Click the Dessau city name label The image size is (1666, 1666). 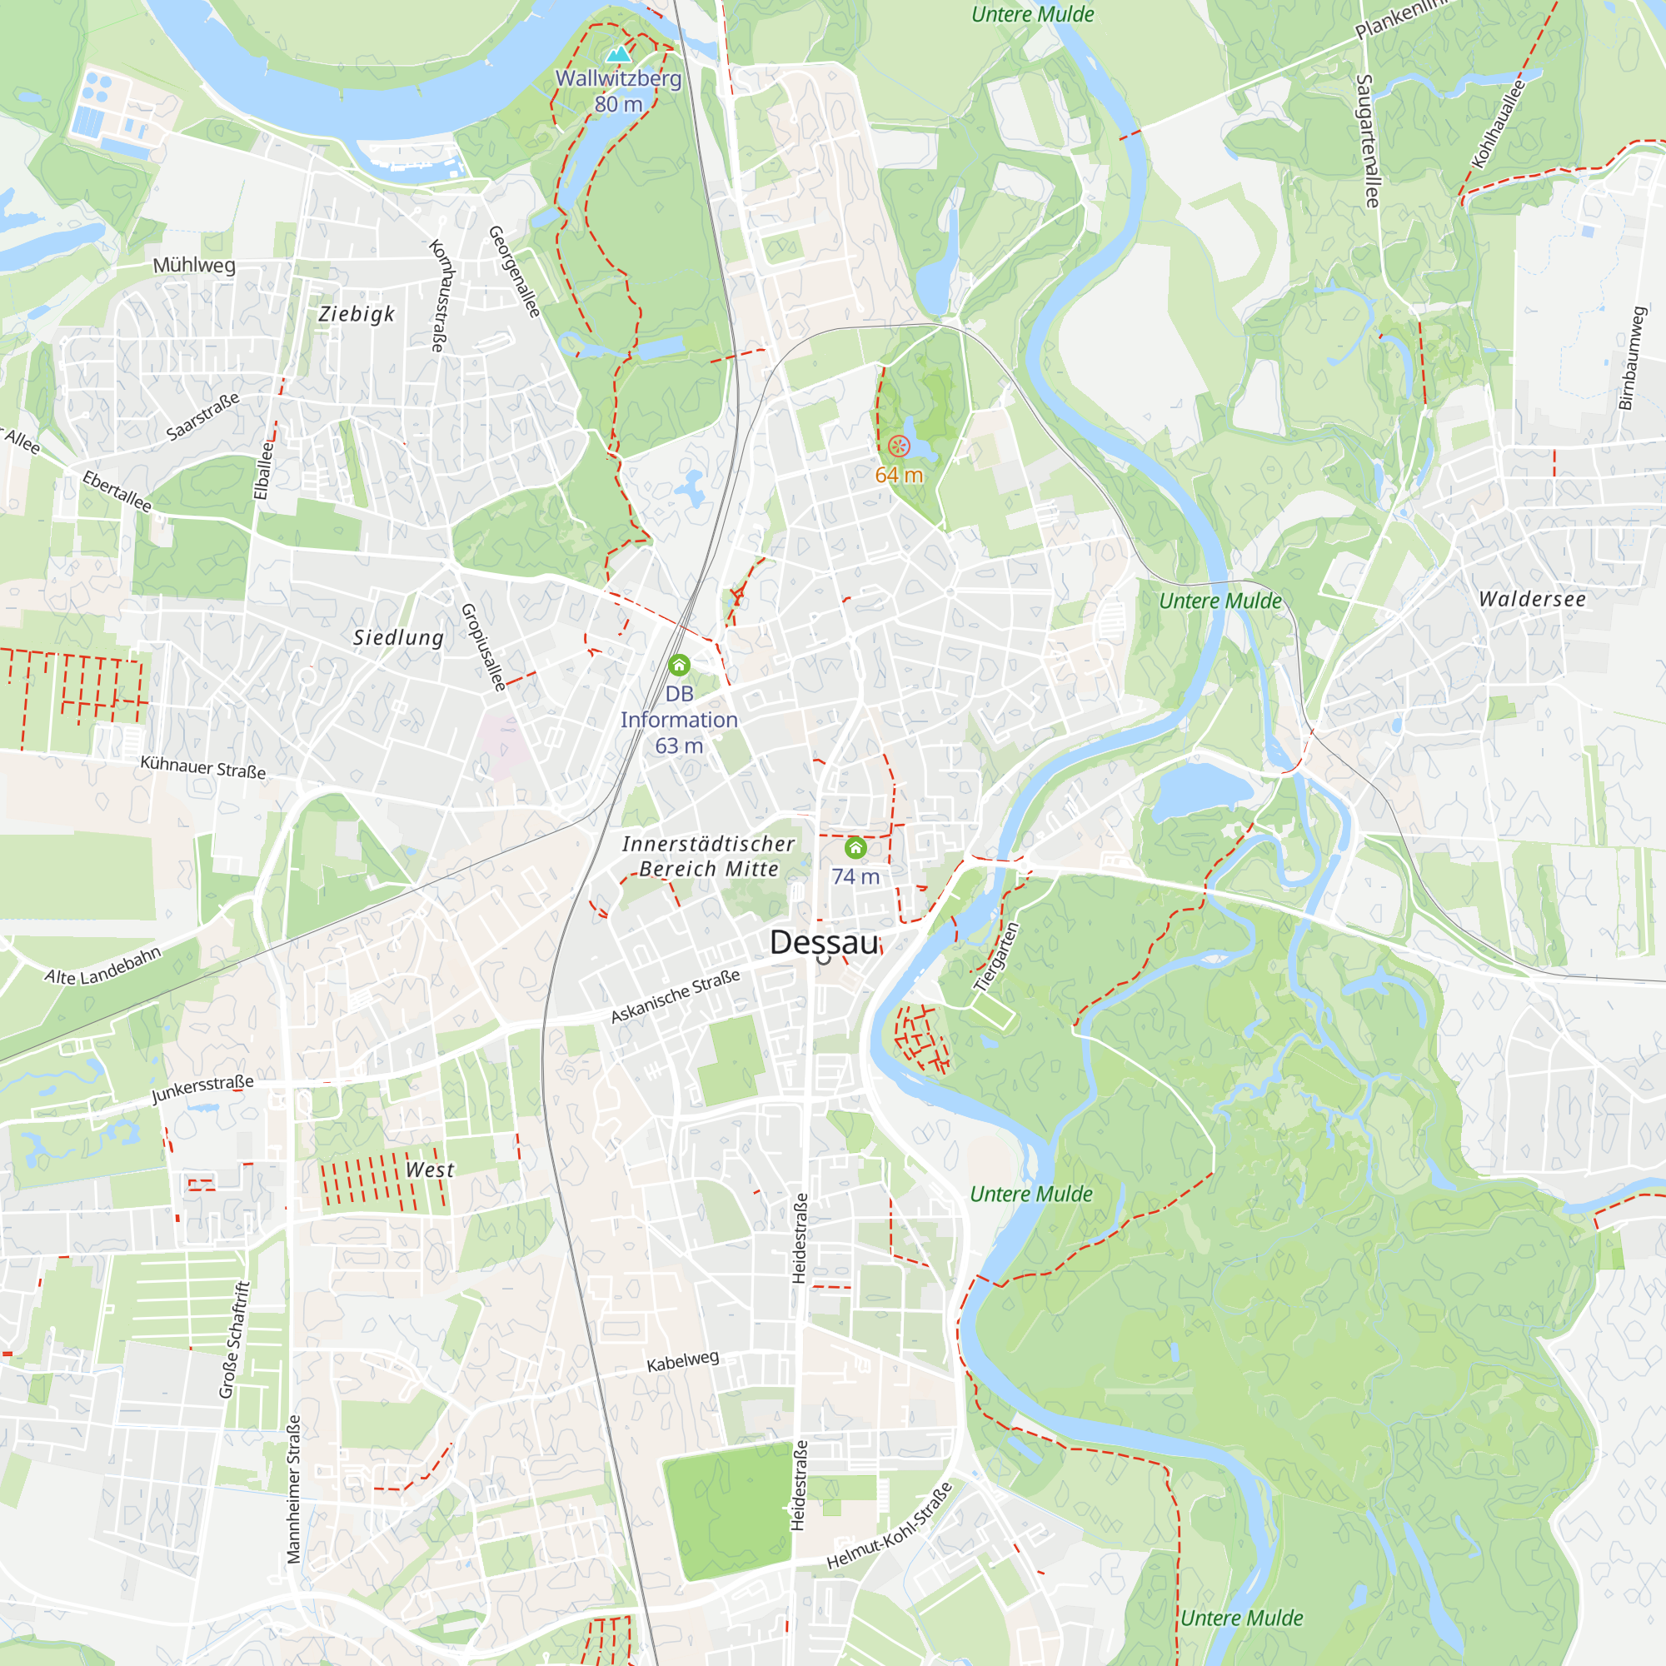pos(824,941)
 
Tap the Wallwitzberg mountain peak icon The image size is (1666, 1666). pos(617,54)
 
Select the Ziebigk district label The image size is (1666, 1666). pos(357,314)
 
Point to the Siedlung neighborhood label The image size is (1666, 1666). pos(398,637)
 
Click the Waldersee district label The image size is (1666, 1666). pos(1532,599)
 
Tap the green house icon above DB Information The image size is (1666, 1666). pos(679,665)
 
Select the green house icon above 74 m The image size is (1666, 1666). pos(855,848)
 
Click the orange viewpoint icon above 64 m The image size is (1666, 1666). pos(899,446)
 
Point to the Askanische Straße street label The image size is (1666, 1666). pos(676,996)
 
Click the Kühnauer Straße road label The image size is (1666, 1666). pos(202,766)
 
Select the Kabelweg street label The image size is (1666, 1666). pos(682,1361)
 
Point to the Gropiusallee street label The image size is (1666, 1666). pos(483,646)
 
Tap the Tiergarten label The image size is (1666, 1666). pos(996,957)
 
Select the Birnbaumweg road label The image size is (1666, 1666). pos(1633,358)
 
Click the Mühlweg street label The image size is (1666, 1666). pos(194,265)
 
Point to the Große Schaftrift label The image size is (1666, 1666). pos(234,1340)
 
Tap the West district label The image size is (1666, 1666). pos(430,1170)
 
